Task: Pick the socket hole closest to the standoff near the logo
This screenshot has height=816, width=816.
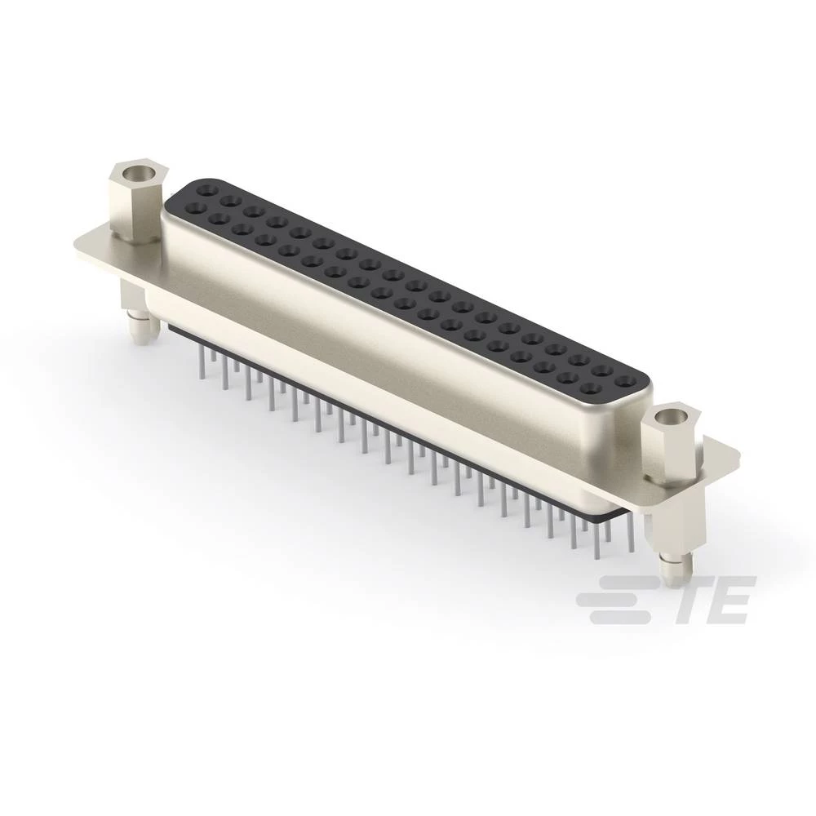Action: pos(626,380)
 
